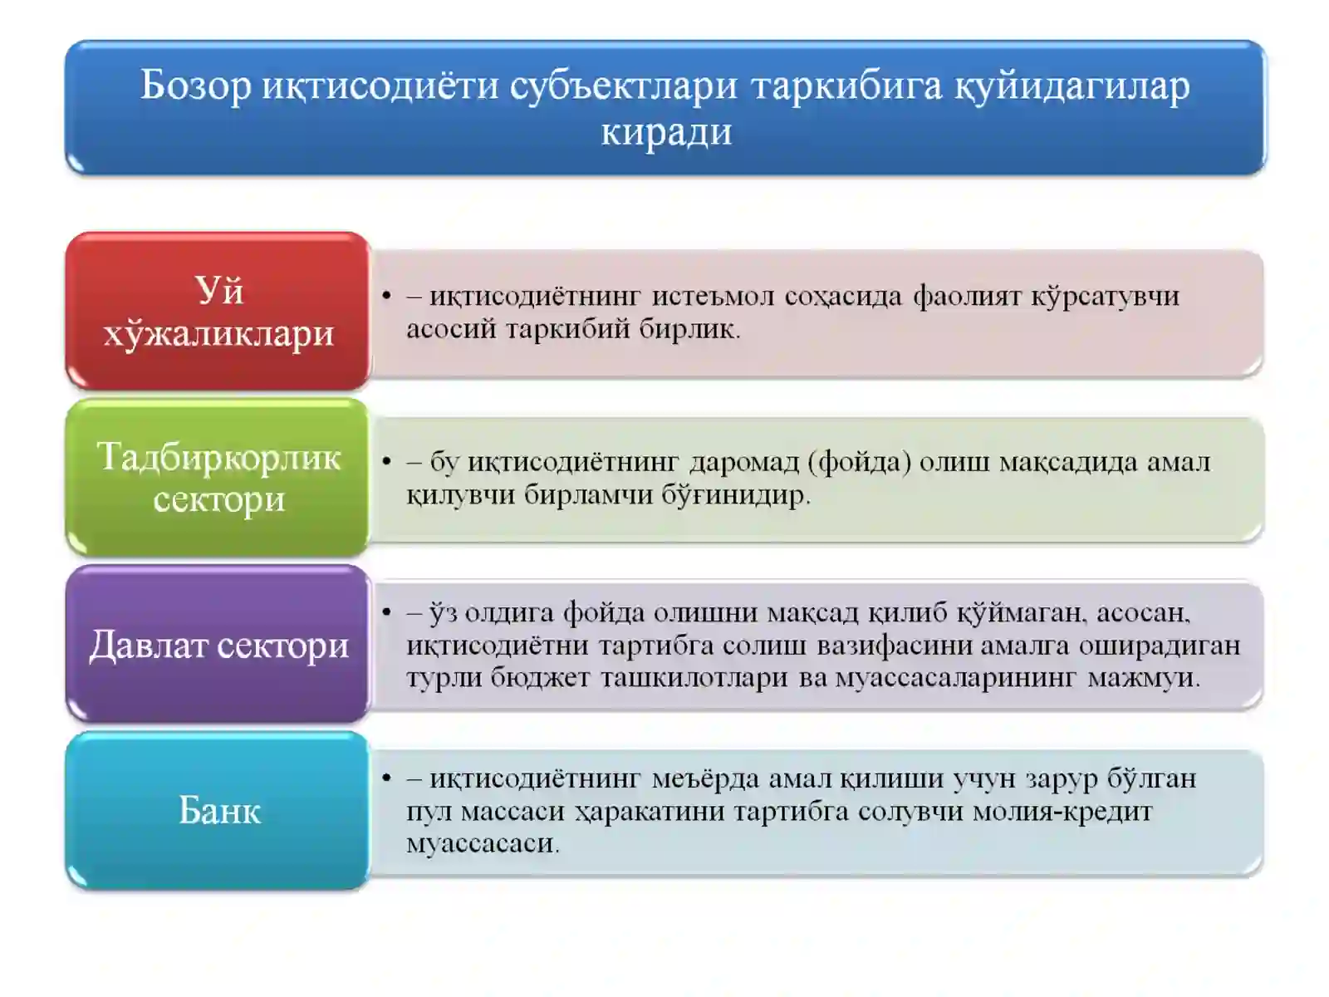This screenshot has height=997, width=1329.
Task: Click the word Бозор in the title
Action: [195, 85]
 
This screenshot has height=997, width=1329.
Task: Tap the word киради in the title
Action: [666, 131]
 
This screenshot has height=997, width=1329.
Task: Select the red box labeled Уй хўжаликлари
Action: [218, 312]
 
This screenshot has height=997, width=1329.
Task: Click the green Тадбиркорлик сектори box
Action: [218, 478]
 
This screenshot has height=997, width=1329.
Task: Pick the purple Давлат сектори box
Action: [218, 644]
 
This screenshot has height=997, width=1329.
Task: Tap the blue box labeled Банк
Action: [218, 810]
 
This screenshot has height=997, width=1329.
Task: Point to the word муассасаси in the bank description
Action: [482, 844]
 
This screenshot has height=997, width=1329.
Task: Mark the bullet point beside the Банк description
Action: [386, 778]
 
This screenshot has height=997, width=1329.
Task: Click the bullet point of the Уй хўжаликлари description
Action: [386, 296]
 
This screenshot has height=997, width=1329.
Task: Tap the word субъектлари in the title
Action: [623, 85]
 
